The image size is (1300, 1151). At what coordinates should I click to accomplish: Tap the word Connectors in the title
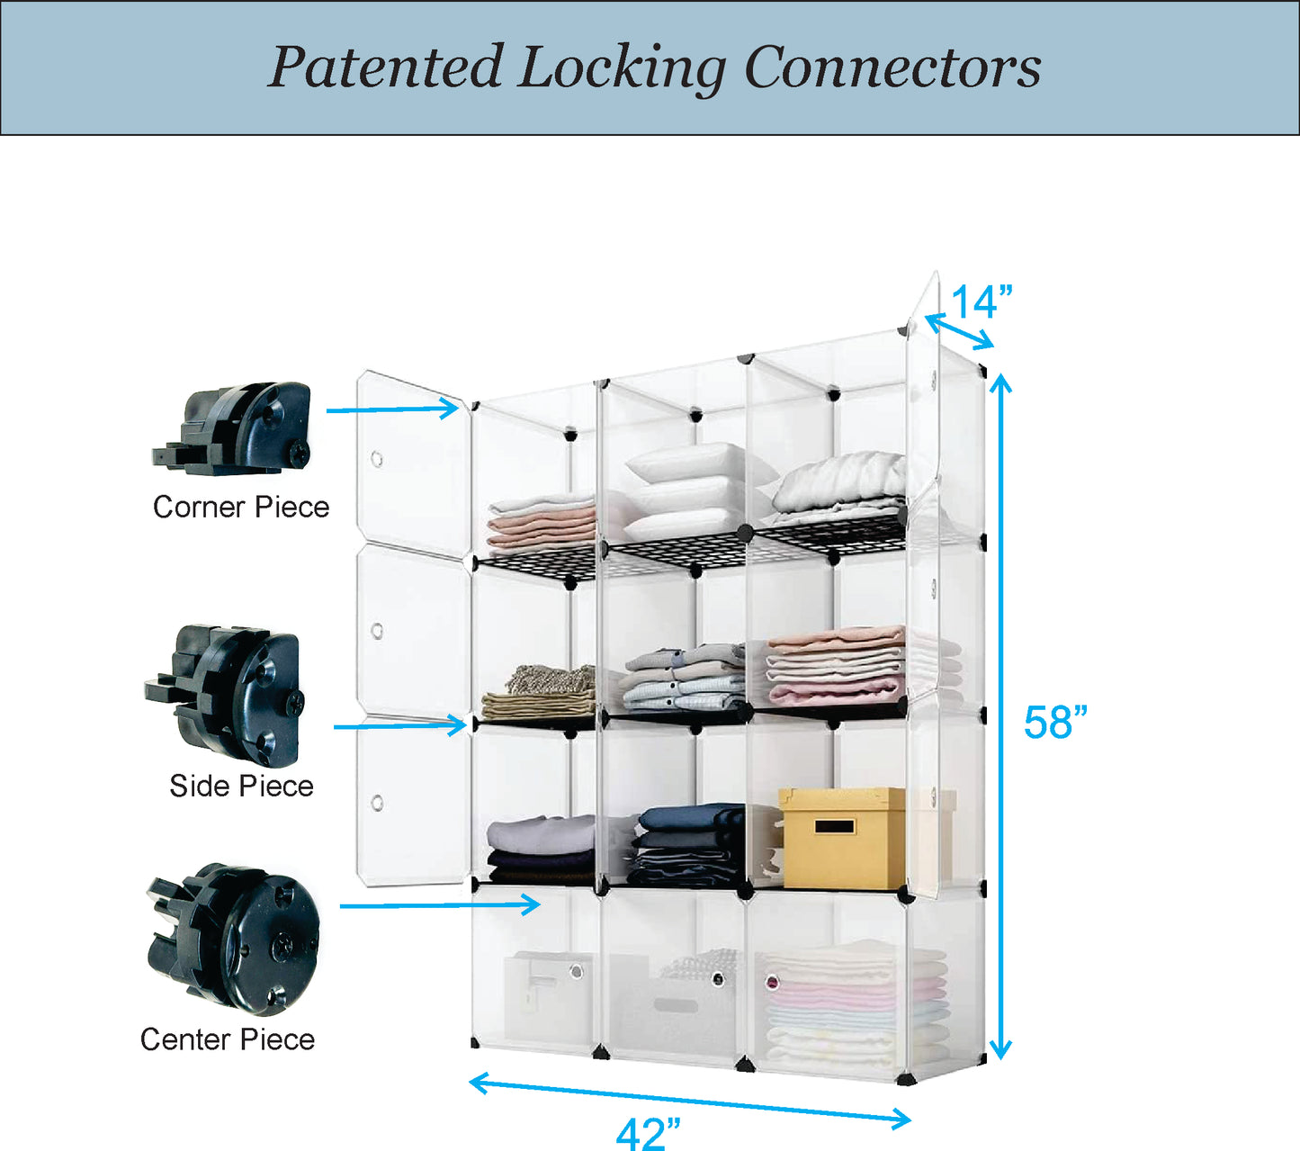[x=892, y=67]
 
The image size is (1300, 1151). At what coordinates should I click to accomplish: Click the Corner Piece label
[x=241, y=507]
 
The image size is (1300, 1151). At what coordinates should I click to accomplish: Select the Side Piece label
[x=241, y=786]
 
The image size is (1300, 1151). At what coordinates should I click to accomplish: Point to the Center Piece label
[x=228, y=1039]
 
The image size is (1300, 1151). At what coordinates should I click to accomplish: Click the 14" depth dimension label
[x=982, y=302]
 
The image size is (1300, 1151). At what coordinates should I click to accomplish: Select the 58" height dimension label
[x=1055, y=722]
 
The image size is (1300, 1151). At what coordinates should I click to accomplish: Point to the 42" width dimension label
[x=648, y=1132]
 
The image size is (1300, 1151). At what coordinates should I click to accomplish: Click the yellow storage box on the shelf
[x=842, y=838]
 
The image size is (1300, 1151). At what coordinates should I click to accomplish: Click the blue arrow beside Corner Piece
[x=392, y=409]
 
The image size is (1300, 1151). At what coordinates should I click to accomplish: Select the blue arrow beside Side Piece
[x=399, y=724]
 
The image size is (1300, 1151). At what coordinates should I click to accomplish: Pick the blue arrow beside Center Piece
[x=440, y=904]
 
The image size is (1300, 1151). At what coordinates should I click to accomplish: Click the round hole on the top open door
[x=377, y=460]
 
